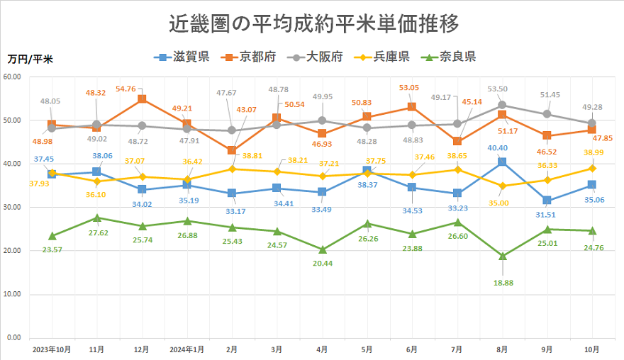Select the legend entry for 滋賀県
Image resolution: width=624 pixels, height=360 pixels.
[182, 57]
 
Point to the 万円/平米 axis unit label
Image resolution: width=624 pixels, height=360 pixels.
[30, 59]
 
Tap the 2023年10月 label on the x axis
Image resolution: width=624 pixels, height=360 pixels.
[51, 349]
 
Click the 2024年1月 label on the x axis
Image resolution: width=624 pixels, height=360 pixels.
[186, 349]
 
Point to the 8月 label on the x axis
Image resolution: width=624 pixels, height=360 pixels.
[501, 349]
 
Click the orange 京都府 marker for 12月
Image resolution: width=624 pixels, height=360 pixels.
[142, 99]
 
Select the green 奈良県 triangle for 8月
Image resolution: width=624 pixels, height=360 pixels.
[502, 256]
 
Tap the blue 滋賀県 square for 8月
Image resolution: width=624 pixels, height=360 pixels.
[502, 162]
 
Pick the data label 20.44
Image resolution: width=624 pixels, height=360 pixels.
[323, 263]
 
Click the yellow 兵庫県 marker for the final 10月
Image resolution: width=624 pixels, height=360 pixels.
[592, 168]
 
